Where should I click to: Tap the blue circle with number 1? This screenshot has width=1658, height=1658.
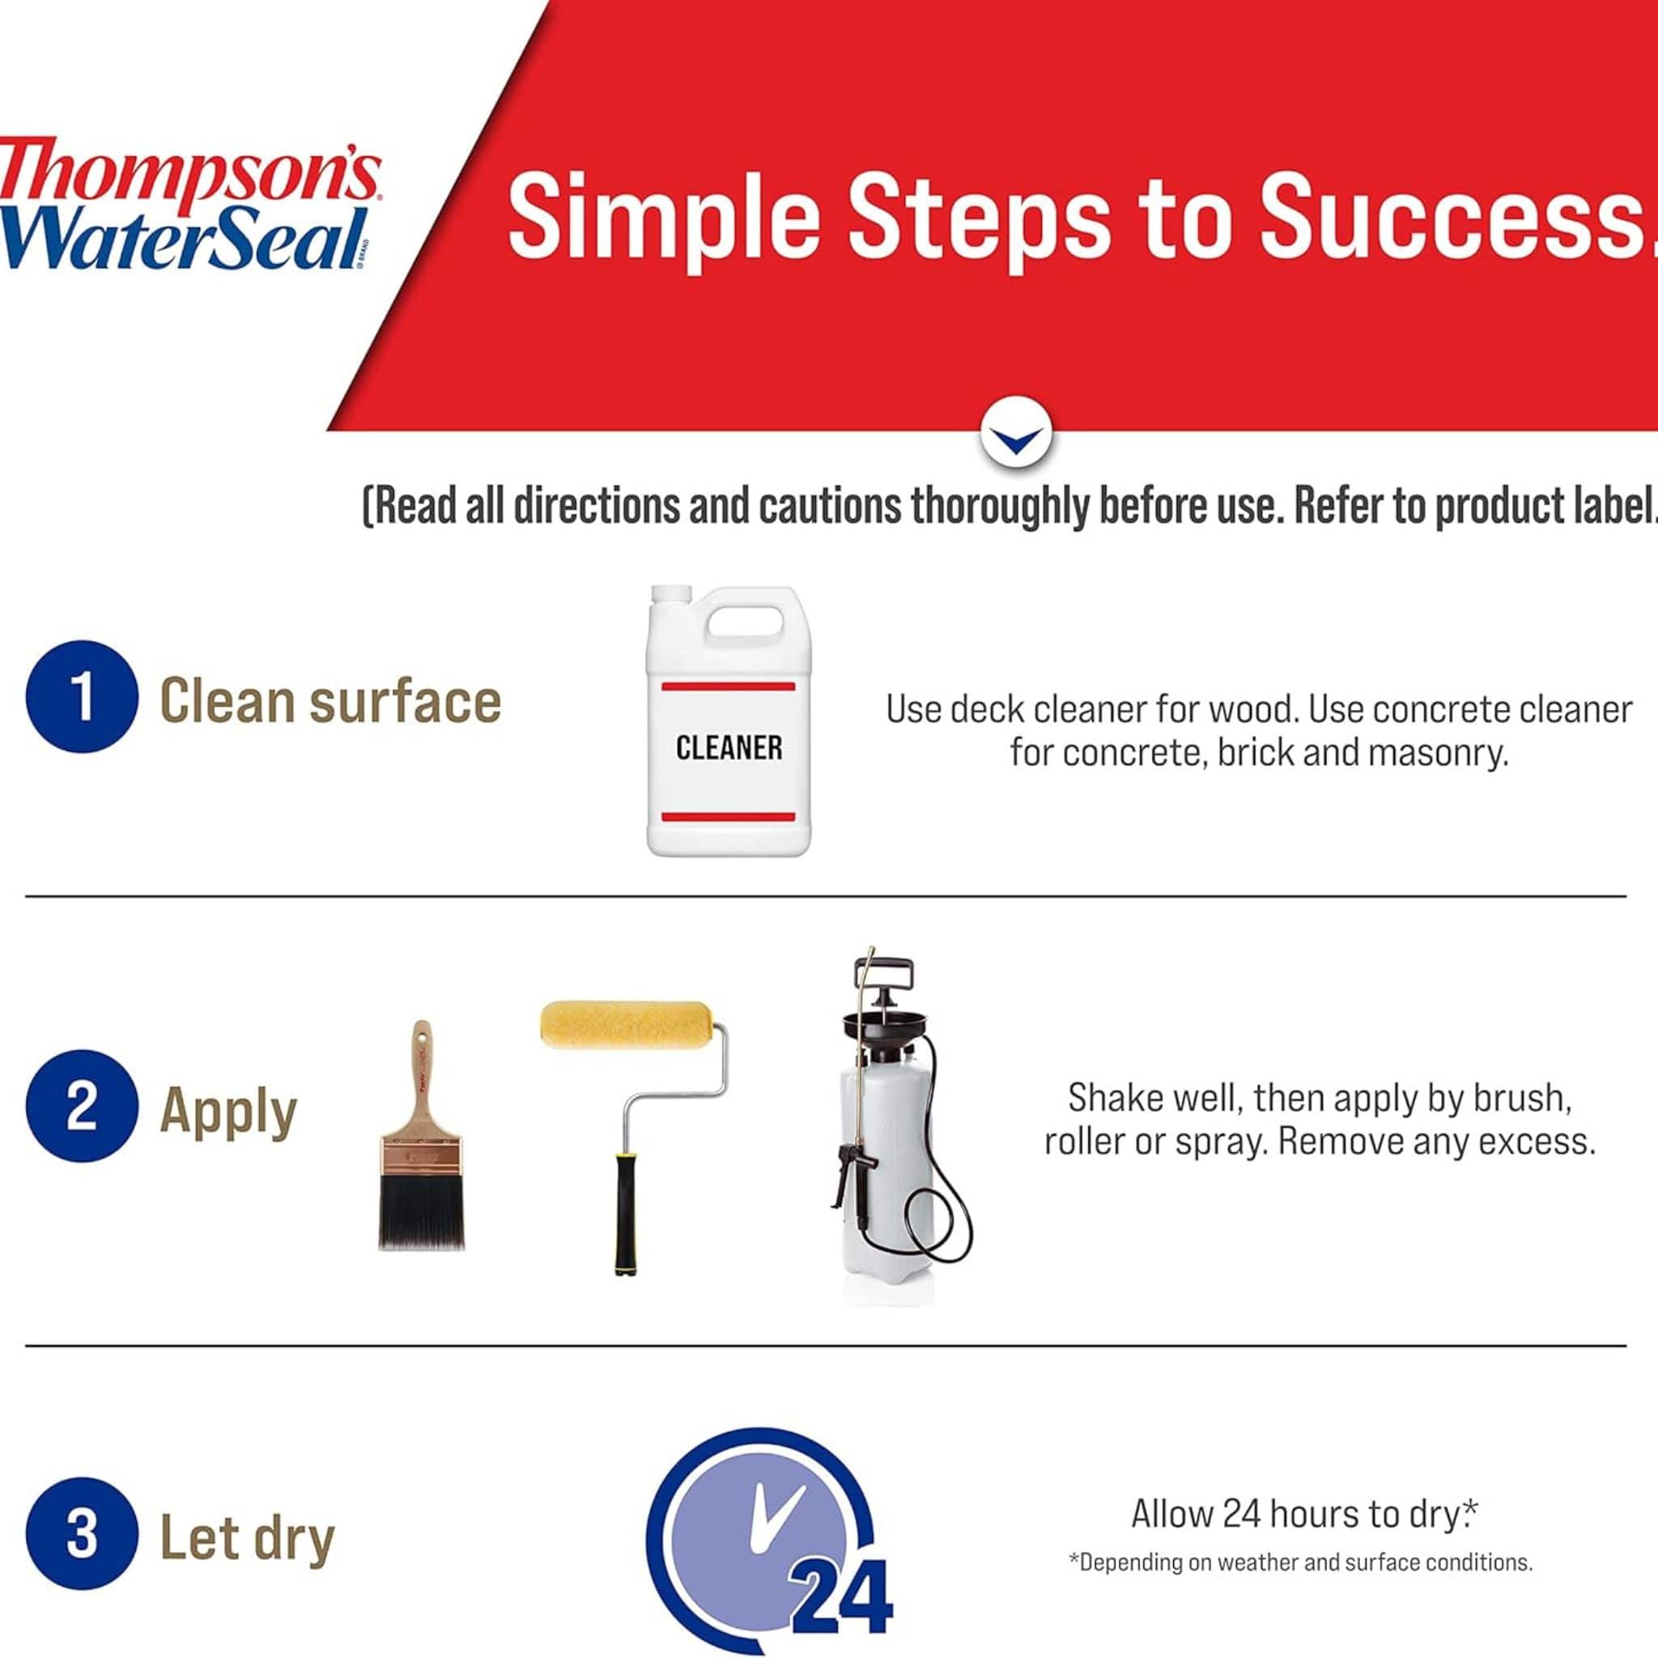tap(82, 696)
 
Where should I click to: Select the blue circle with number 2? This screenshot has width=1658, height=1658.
tap(82, 1106)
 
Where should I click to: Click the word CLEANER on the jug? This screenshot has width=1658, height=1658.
tap(729, 747)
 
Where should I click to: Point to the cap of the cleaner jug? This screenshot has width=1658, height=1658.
tap(671, 594)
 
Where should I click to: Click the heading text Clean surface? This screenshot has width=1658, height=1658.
tap(330, 701)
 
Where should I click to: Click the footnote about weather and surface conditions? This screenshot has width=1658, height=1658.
tap(1300, 1586)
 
